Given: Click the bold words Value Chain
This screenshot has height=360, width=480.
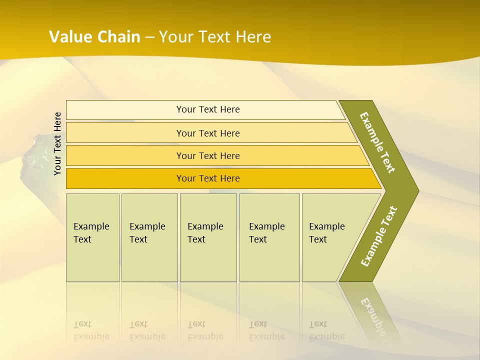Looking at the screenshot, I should click(94, 37).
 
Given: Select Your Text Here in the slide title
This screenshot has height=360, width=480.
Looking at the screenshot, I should click(215, 37).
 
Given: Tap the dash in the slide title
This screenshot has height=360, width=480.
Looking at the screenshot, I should click(149, 37).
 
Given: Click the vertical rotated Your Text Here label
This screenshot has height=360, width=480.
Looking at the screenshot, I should click(58, 143).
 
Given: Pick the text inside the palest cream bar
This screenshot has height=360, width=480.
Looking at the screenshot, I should click(208, 109).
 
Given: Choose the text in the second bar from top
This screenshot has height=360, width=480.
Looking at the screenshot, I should click(208, 133).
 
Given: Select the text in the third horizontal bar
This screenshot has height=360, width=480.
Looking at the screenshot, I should click(208, 155).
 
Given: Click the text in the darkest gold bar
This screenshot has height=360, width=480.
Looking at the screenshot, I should click(208, 178).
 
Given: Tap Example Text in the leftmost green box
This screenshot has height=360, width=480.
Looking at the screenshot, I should click(91, 233).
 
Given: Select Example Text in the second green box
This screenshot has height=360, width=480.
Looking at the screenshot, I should click(147, 233).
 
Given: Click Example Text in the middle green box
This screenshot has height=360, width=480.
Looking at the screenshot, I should click(205, 233).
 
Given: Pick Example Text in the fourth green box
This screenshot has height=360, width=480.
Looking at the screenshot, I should click(266, 233).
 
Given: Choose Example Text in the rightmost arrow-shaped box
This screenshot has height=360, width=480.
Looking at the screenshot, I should click(326, 233).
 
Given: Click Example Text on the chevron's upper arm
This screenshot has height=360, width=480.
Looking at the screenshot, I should click(377, 142).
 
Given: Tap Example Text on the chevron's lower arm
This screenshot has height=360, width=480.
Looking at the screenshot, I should click(378, 236).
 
